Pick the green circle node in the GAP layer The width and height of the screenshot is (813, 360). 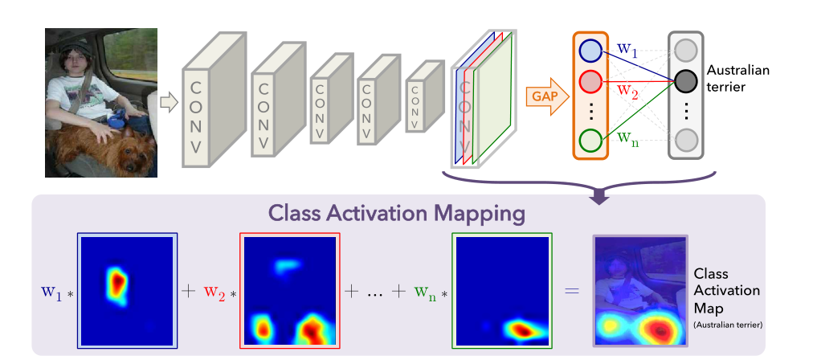(x=590, y=140)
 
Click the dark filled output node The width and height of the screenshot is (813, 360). (x=685, y=80)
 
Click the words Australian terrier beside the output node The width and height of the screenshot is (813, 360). (x=737, y=77)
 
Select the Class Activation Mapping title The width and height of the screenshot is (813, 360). (x=398, y=213)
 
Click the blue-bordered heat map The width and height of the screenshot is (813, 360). (x=127, y=290)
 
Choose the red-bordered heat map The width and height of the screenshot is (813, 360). (x=290, y=290)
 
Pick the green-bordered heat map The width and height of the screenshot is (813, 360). (x=503, y=290)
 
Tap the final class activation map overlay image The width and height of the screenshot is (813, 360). (x=640, y=290)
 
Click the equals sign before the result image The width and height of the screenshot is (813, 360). (x=571, y=291)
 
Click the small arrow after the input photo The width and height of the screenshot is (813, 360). (x=168, y=102)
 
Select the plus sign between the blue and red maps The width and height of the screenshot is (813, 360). (x=189, y=291)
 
